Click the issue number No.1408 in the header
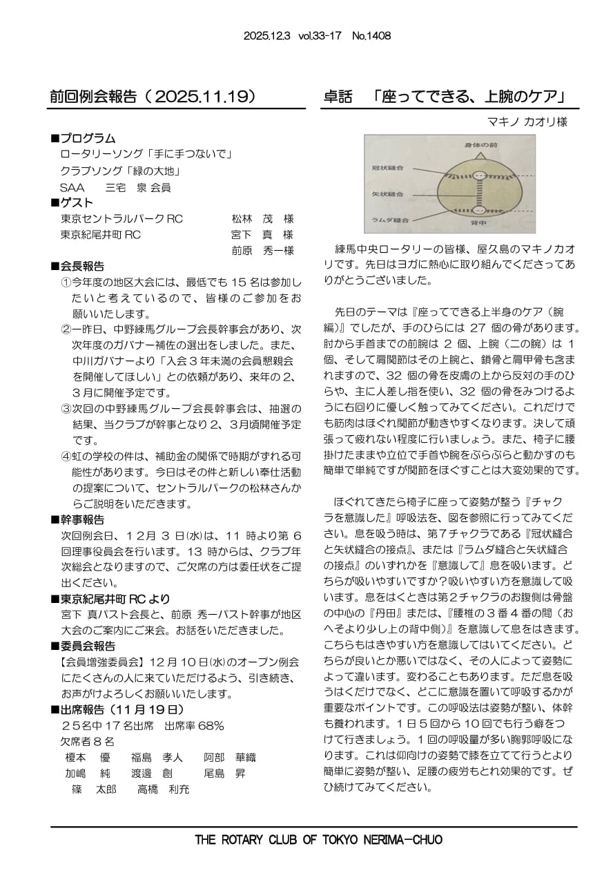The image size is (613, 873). (x=371, y=36)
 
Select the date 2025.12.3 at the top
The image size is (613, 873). (x=266, y=36)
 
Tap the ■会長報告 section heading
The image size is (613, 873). (x=79, y=266)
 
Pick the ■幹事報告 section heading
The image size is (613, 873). (x=79, y=519)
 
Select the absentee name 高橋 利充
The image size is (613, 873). (x=163, y=789)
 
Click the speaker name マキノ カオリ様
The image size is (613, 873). (x=527, y=122)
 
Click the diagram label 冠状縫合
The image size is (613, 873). (x=387, y=167)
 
